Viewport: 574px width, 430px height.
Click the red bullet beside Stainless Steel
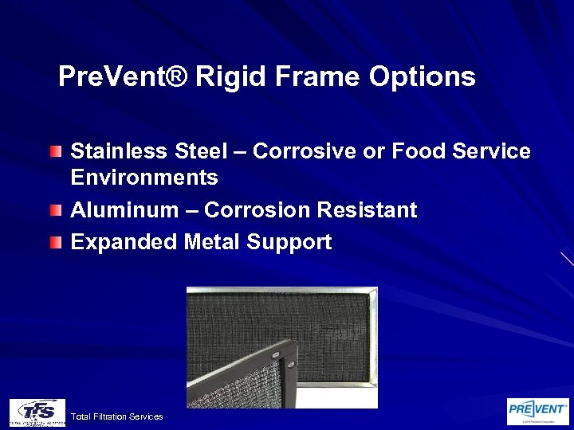click(x=54, y=150)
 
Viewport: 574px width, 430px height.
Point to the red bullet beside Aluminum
click(x=54, y=209)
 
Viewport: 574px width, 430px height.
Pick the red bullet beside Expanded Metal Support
click(x=54, y=241)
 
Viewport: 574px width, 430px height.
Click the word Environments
click(x=144, y=176)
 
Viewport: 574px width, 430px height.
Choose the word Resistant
click(x=367, y=210)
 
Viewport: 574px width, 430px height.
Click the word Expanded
click(x=124, y=242)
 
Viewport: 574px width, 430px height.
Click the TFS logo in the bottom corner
click(x=37, y=412)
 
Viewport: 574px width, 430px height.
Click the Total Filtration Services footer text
click(x=116, y=416)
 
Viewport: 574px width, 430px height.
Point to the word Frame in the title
click(x=316, y=77)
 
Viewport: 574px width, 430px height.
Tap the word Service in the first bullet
click(x=491, y=151)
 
